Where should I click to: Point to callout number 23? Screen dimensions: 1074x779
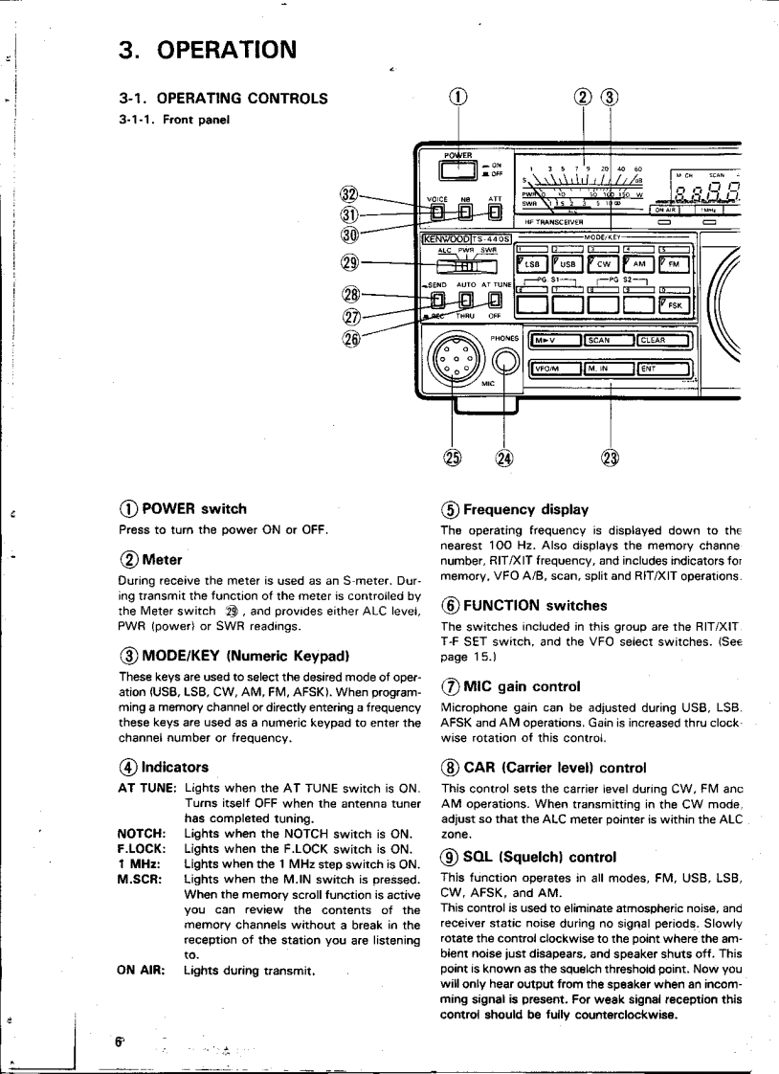611,457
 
